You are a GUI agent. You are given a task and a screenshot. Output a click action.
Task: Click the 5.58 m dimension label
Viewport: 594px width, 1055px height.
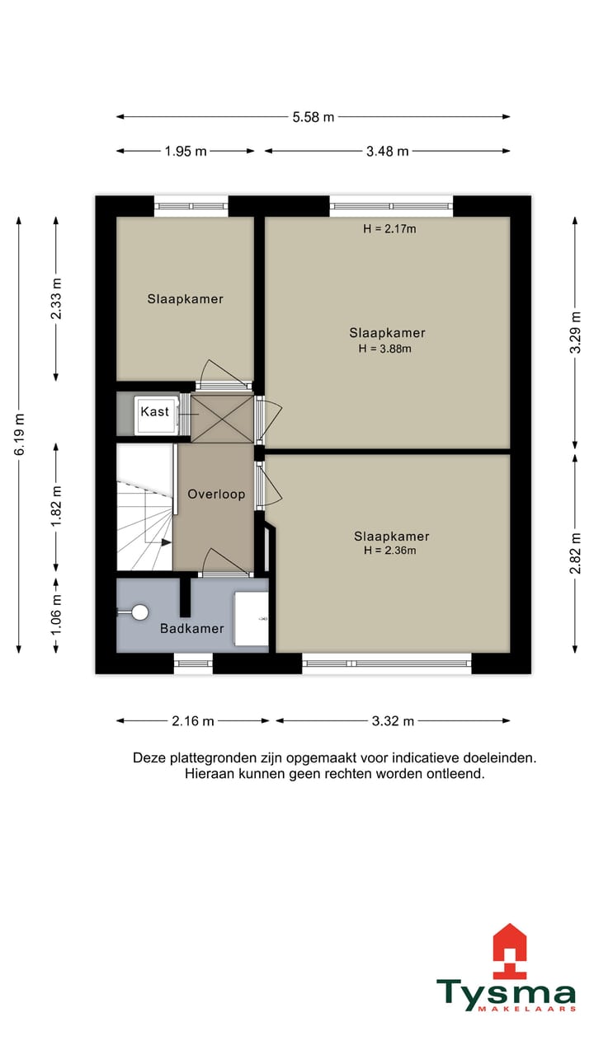pos(313,117)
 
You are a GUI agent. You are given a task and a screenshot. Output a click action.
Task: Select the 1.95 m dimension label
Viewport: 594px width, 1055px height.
pos(185,151)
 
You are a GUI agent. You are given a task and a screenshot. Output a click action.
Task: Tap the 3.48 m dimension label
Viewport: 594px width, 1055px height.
pos(387,151)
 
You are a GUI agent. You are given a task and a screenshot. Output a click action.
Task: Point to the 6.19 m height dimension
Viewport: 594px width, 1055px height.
pos(19,434)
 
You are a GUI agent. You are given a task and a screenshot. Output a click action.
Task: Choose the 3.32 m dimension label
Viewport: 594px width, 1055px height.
pos(392,721)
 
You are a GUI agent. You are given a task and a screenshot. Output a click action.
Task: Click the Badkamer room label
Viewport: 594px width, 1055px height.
pos(191,629)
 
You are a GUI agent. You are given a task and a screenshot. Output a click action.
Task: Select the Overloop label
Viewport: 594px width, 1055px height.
pos(216,495)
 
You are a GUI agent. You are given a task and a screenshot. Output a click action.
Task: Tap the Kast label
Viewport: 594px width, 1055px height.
pos(154,411)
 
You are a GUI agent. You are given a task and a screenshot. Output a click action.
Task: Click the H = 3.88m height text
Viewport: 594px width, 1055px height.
pos(384,349)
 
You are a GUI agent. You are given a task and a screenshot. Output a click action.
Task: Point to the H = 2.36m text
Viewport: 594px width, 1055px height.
pos(389,551)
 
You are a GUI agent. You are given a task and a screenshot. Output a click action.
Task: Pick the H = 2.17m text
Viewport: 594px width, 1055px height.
pos(389,229)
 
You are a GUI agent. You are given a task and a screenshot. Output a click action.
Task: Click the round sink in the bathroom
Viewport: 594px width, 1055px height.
pos(139,612)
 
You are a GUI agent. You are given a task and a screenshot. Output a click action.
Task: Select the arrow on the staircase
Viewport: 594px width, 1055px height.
pos(166,542)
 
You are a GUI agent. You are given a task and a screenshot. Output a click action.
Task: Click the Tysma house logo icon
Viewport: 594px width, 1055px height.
pos(509,950)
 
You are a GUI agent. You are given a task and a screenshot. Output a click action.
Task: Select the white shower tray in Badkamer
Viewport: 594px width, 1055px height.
pos(251,618)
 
